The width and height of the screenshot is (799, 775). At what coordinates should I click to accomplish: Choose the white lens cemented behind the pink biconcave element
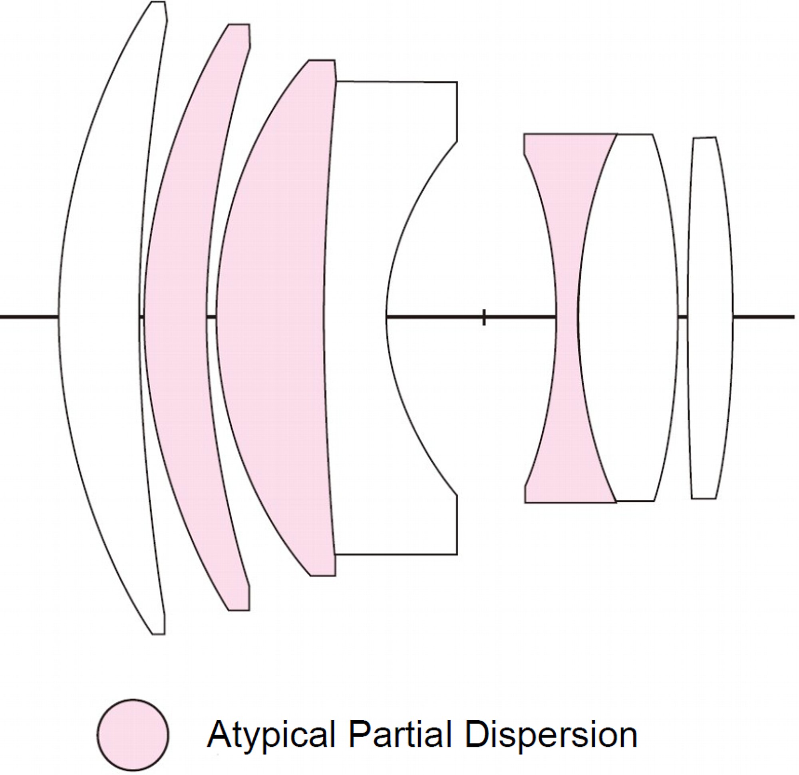click(628, 318)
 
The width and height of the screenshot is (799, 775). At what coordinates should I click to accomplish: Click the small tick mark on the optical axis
click(484, 317)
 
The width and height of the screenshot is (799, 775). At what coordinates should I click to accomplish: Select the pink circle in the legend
click(133, 735)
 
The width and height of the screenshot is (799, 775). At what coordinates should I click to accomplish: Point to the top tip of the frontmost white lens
click(159, 2)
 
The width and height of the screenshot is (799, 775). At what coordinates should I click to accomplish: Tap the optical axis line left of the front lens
click(29, 317)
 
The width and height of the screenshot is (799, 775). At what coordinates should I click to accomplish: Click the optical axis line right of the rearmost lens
click(763, 317)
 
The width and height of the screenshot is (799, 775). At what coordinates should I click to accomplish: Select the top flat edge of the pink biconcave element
click(570, 134)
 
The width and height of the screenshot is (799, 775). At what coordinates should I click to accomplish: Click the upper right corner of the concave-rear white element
click(457, 82)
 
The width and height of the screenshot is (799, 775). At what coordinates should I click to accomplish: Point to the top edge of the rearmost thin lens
click(704, 138)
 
